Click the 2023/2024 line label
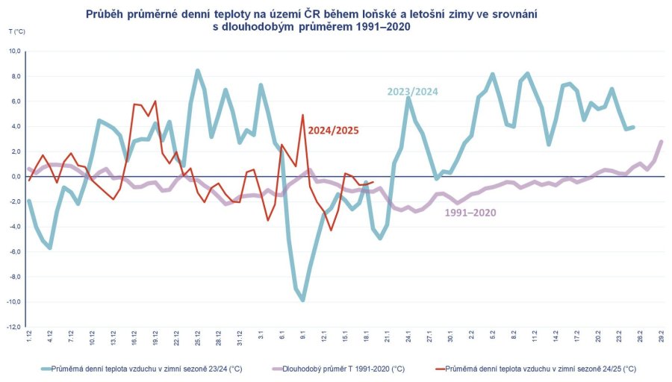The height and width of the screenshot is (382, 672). tap(412, 92)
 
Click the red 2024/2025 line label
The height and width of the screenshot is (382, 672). tap(334, 130)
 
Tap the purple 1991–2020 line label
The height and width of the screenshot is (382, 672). tap(470, 213)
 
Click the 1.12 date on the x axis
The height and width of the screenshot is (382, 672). tap(28, 337)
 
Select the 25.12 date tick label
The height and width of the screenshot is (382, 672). tap(198, 338)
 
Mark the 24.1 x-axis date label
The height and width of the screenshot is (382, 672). tap(408, 338)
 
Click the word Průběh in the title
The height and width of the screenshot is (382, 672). tap(105, 14)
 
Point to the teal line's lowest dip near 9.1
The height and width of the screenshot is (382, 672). tap(303, 300)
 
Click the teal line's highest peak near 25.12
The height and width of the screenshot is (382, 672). tap(198, 70)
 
